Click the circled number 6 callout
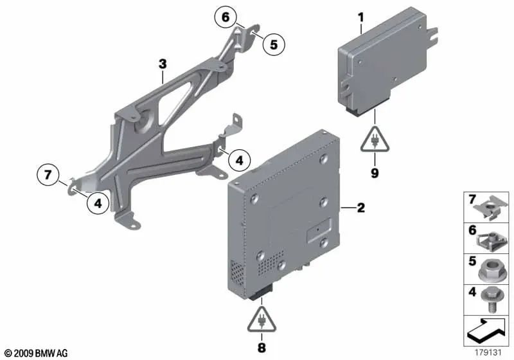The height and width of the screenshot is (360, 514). click(x=226, y=17)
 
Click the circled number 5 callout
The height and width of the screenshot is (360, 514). click(x=274, y=44)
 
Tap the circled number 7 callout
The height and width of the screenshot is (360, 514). click(x=48, y=174)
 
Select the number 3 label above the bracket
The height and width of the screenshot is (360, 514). click(x=163, y=64)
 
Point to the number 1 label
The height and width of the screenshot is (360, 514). click(x=361, y=17)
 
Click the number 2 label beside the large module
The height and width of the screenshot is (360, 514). click(x=360, y=208)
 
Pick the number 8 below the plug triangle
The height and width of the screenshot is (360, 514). click(x=261, y=348)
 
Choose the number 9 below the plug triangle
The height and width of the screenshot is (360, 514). click(x=375, y=173)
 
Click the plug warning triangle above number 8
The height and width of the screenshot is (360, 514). click(x=261, y=319)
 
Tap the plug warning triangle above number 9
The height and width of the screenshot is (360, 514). click(x=375, y=139)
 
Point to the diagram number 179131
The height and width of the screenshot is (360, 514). click(x=488, y=352)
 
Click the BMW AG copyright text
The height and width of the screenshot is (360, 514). click(x=37, y=353)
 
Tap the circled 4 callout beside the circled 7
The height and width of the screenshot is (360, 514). click(x=98, y=203)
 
